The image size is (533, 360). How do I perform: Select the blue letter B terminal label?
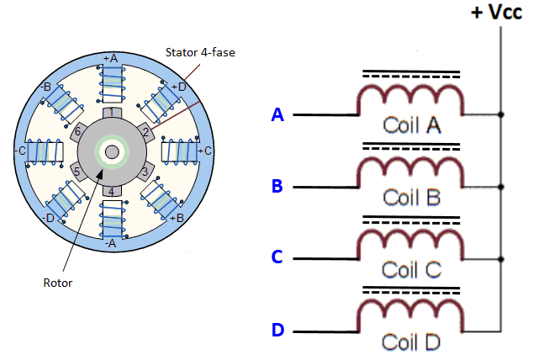coord(277,186)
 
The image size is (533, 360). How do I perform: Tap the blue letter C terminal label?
coord(277,257)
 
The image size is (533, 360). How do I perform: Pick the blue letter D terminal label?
coord(277,330)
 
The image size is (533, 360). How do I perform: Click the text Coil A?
coord(412,125)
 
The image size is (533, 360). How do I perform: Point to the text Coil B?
coord(412,198)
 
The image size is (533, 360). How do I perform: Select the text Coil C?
coord(412,270)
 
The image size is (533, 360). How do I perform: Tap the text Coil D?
coord(412,342)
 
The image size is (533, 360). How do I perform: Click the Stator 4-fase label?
coord(200,53)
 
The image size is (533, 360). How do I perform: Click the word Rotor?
coord(58,283)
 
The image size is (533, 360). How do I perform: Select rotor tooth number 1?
coord(110,112)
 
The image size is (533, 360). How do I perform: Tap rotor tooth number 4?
coord(110,192)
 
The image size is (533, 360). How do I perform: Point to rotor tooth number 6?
coord(78,132)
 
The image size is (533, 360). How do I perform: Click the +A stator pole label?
coord(110,58)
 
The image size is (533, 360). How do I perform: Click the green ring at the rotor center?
coord(110,152)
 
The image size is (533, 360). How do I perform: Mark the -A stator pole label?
coord(110,242)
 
